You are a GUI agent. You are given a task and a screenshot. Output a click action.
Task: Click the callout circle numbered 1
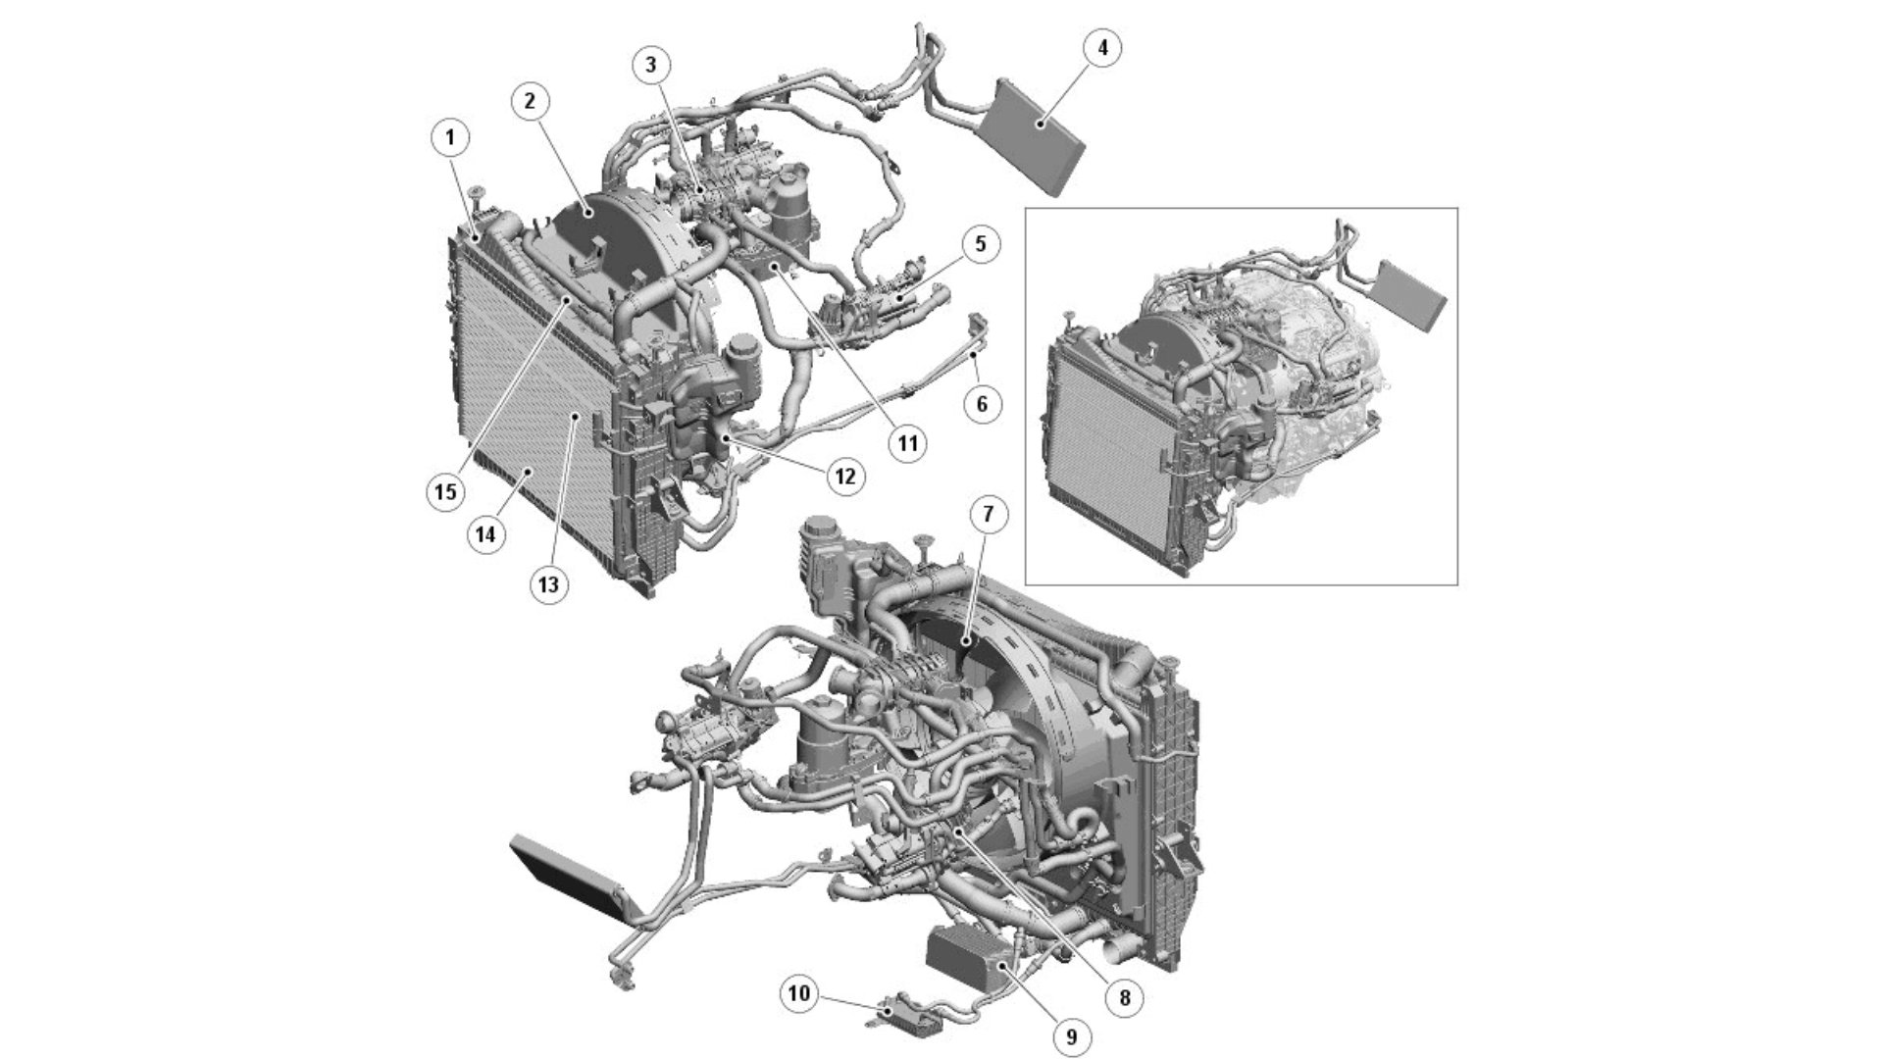point(450,138)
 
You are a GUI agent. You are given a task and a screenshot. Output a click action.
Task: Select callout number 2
point(530,101)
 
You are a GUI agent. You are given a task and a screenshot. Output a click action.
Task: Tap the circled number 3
point(651,66)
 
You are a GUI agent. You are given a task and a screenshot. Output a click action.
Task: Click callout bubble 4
point(1102,48)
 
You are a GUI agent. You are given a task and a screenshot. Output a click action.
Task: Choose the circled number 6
point(983,403)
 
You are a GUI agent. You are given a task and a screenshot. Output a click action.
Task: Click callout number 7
point(989,514)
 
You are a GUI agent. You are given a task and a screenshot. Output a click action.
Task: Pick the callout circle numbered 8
point(1124,998)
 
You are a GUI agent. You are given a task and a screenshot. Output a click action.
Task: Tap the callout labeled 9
point(1071,1035)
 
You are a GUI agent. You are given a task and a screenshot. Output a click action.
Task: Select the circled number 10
point(799,994)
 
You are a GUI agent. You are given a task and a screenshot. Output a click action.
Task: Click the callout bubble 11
point(907,443)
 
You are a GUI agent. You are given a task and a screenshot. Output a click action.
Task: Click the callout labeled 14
point(486,535)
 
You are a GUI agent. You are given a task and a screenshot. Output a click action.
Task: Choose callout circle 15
point(446,490)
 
